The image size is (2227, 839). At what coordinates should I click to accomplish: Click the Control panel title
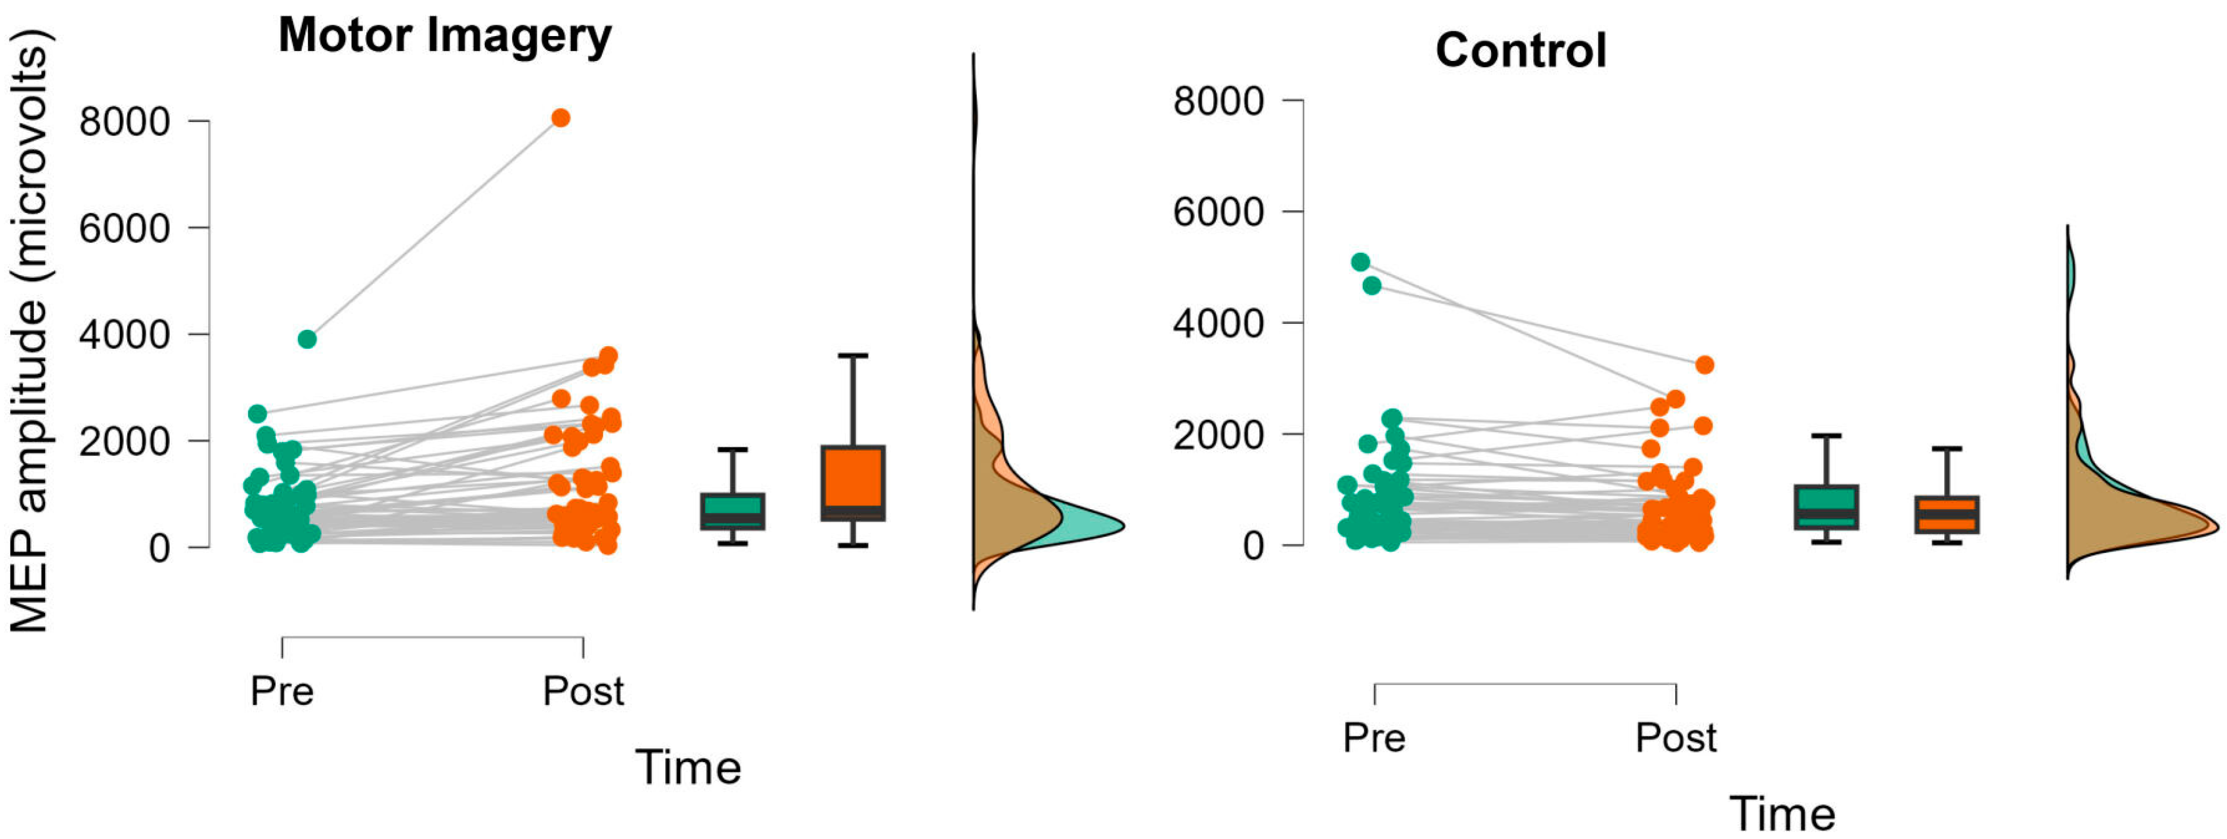(x=1521, y=50)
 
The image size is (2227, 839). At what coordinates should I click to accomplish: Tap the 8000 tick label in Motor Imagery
(x=125, y=122)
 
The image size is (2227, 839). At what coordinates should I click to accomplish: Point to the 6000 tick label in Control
(x=1218, y=211)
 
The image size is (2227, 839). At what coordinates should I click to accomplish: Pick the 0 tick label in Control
(x=1252, y=546)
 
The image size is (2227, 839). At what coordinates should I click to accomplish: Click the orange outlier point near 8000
(x=561, y=118)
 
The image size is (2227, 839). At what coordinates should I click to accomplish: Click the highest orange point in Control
(x=1704, y=365)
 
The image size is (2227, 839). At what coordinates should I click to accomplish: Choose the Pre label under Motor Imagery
(x=282, y=691)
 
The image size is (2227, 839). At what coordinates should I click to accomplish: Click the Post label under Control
(x=1676, y=738)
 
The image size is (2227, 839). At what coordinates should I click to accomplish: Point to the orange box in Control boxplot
(x=1946, y=514)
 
